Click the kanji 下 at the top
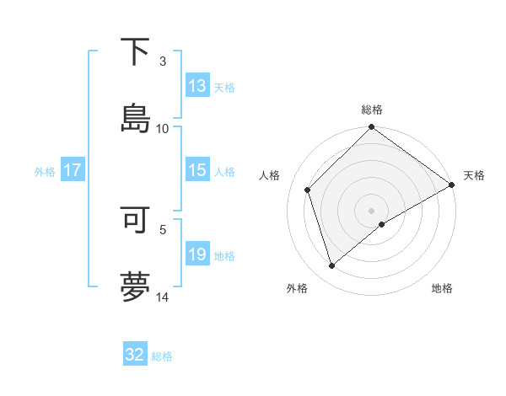click(135, 52)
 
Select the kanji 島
click(135, 117)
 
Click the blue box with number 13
click(197, 86)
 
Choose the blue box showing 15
click(197, 170)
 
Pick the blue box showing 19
click(197, 254)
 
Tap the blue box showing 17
click(73, 170)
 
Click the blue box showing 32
click(135, 355)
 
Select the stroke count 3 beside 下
click(164, 62)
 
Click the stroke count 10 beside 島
click(163, 128)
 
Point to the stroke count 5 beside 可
click(164, 228)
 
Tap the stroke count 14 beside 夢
click(163, 296)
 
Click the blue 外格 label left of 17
click(45, 171)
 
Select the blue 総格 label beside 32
click(162, 356)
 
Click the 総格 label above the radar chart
click(372, 110)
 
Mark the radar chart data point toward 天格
click(452, 185)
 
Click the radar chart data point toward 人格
click(308, 190)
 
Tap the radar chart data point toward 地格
click(382, 224)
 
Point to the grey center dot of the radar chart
click(372, 210)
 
